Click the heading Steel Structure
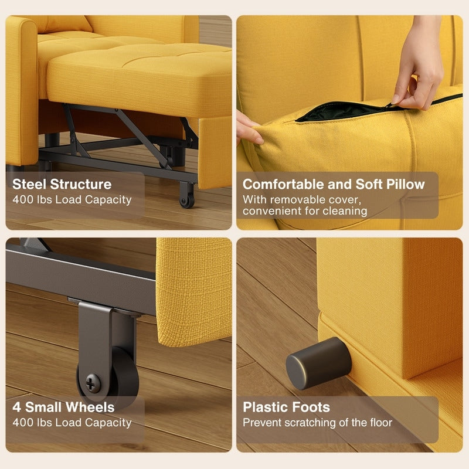pyautogui.click(x=62, y=184)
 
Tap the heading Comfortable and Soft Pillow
pyautogui.click(x=334, y=184)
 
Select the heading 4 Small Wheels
pyautogui.click(x=63, y=407)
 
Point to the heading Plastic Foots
pyautogui.click(x=287, y=407)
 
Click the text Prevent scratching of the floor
pyautogui.click(x=317, y=422)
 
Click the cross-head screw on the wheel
pyautogui.click(x=93, y=384)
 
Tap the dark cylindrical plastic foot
pyautogui.click(x=317, y=363)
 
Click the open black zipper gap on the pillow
pyautogui.click(x=340, y=111)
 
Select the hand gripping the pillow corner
pyautogui.click(x=249, y=128)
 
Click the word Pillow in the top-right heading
pyautogui.click(x=405, y=184)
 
